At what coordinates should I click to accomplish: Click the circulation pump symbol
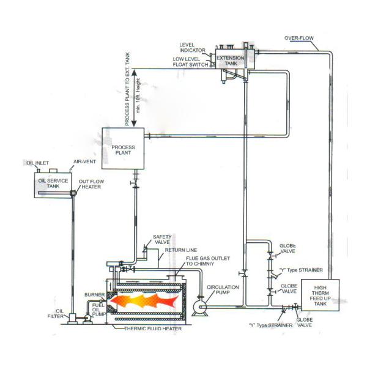click(199, 307)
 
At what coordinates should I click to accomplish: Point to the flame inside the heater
click(144, 300)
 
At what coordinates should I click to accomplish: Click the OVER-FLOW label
click(299, 38)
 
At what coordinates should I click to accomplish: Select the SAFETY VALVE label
click(162, 239)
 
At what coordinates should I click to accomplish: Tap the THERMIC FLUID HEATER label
click(153, 328)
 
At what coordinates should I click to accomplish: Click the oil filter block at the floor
click(72, 319)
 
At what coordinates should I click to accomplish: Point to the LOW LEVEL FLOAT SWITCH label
click(190, 62)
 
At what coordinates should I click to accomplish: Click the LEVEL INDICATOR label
click(192, 48)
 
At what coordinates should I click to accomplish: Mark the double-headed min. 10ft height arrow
click(134, 98)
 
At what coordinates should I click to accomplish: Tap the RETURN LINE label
click(180, 250)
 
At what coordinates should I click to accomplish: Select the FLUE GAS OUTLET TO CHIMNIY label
click(208, 261)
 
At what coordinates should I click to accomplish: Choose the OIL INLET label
click(37, 163)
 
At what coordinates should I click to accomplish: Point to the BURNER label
click(94, 295)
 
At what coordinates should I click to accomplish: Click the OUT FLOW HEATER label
click(91, 184)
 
